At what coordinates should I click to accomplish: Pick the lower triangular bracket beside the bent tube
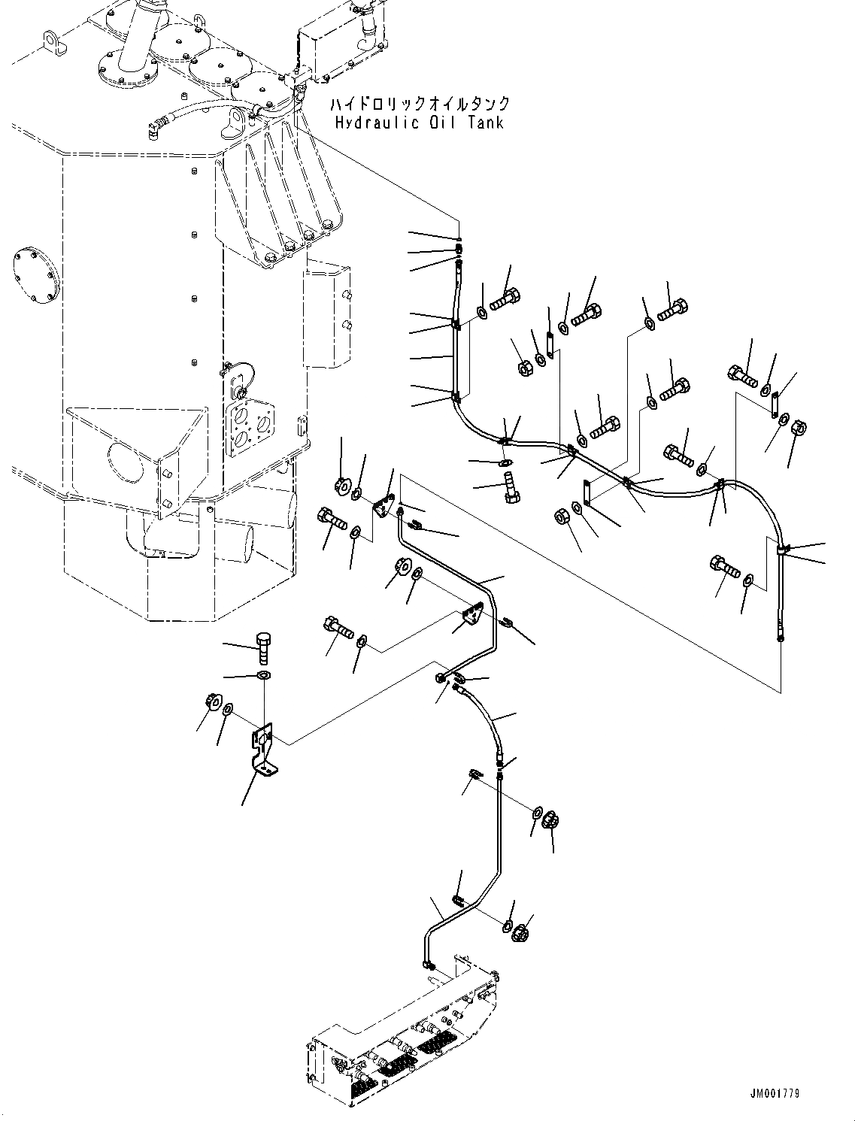click(x=472, y=617)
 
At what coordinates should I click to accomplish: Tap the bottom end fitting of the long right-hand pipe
click(x=781, y=638)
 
